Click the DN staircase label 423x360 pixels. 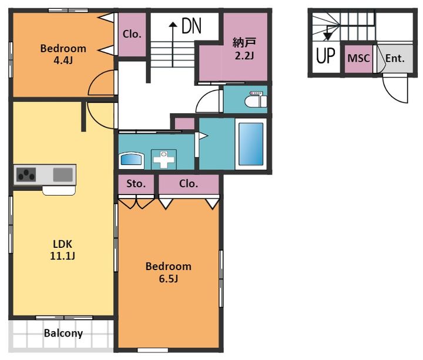point(192,26)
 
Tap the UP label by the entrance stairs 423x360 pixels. point(325,56)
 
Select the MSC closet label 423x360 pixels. point(358,58)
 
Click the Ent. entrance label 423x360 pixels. point(395,58)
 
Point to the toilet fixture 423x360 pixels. point(256,99)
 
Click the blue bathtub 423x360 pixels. point(251,144)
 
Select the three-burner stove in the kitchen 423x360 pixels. point(26,174)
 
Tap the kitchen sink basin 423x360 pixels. point(63,174)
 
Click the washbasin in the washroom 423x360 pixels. point(132,159)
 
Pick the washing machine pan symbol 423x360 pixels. point(164,159)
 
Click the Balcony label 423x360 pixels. point(63,334)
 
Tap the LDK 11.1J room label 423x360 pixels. point(63,250)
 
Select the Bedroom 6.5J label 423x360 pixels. point(169,272)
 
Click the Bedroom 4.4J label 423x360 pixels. point(63,54)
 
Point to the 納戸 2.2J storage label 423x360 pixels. point(244,49)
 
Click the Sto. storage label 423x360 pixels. point(136,184)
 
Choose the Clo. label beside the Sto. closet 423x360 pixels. point(189,184)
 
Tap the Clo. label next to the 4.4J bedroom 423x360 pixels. point(132,34)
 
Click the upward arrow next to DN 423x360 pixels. point(173,45)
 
